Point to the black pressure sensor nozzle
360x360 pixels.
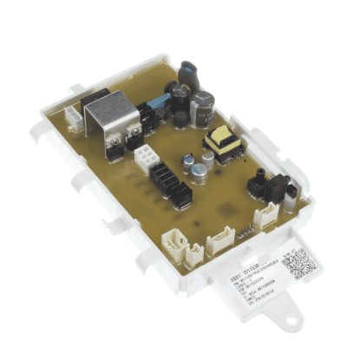(259, 183)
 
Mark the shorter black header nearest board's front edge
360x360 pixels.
(182, 200)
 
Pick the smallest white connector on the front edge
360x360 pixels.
(193, 252)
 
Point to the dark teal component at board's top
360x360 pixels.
(189, 73)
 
